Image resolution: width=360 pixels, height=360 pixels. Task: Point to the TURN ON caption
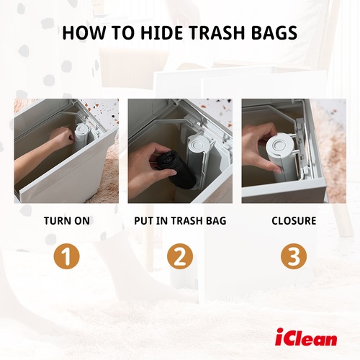(x=66, y=221)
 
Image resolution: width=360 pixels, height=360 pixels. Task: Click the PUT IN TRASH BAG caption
(x=180, y=221)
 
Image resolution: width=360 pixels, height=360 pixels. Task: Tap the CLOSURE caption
(x=294, y=221)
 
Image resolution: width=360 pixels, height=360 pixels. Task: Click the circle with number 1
(x=66, y=256)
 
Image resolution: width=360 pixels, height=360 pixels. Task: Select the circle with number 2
(x=180, y=256)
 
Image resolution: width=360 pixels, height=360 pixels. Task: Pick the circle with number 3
(x=294, y=256)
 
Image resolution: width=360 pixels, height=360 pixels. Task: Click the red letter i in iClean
(x=279, y=336)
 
